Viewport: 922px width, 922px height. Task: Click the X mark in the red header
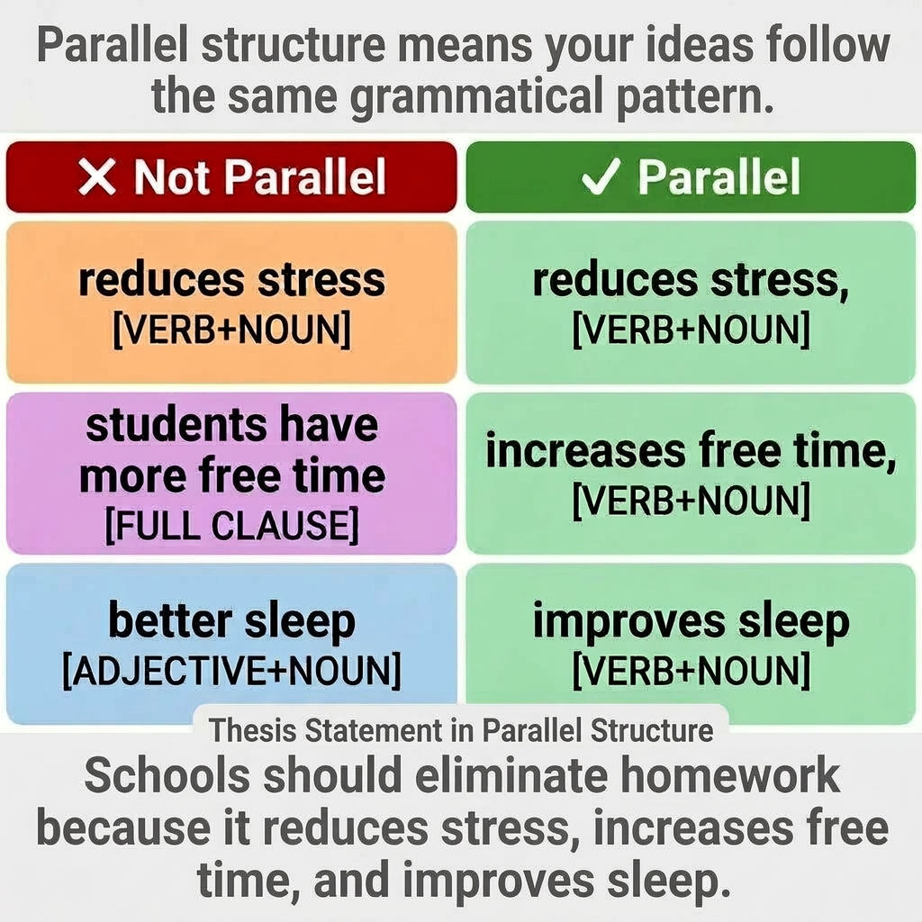click(x=97, y=177)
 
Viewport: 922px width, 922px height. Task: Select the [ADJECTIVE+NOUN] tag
click(x=231, y=672)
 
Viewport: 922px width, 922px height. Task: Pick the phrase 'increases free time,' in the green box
click(x=691, y=452)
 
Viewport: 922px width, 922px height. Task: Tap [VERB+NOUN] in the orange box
click(x=231, y=331)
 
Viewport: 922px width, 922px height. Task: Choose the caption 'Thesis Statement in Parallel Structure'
click(x=461, y=730)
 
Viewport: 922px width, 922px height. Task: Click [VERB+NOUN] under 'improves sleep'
click(x=691, y=672)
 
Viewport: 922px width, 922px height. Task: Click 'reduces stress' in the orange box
click(x=231, y=280)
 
